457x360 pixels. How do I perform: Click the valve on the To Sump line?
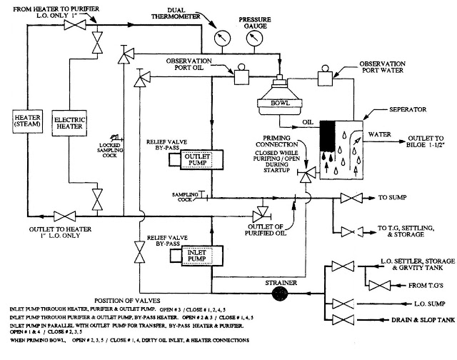click(352, 197)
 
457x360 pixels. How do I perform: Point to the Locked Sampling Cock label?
click(109, 149)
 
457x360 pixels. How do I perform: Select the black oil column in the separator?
click(329, 133)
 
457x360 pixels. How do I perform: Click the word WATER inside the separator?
click(380, 133)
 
